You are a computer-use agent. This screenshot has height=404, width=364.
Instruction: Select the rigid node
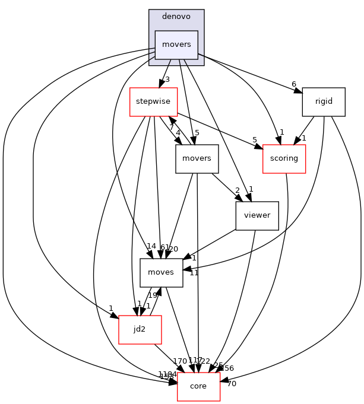[x=324, y=101]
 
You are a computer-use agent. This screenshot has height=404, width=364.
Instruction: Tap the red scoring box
[x=284, y=158]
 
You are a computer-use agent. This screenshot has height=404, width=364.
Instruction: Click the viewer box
[x=257, y=215]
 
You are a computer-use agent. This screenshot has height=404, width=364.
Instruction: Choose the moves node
[x=161, y=272]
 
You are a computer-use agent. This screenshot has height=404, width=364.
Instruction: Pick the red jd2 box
[x=140, y=329]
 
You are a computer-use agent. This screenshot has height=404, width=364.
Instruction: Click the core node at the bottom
[x=198, y=386]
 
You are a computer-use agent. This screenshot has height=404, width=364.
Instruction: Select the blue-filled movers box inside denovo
[x=176, y=44]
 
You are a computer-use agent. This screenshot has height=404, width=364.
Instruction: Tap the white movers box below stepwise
[x=197, y=158]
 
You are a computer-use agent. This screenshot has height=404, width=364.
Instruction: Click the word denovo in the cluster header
[x=176, y=16]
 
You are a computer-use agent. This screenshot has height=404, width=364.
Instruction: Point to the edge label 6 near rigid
[x=294, y=84]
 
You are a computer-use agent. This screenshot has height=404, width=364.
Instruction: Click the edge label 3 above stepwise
[x=167, y=79]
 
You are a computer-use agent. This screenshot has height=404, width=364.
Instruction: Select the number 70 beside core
[x=232, y=384]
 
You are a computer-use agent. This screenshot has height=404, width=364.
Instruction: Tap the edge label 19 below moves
[x=152, y=295]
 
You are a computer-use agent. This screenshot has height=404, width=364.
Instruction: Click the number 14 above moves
[x=151, y=246]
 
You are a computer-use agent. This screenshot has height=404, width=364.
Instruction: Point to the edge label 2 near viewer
[x=237, y=190]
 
